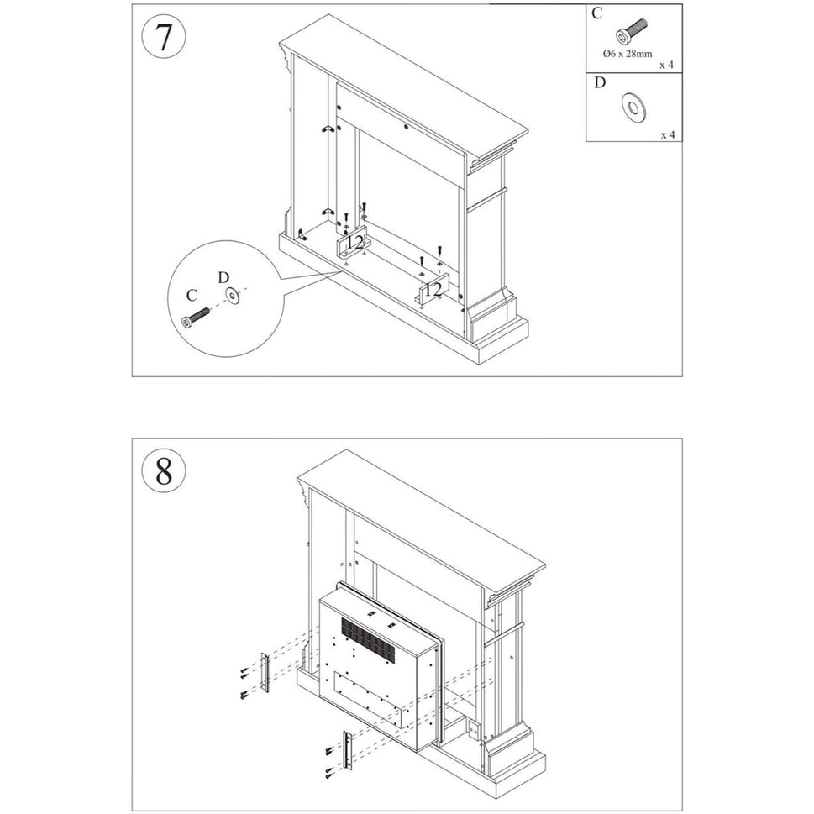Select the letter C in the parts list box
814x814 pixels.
597,13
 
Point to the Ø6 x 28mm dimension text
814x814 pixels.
628,54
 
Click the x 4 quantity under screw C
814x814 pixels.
667,64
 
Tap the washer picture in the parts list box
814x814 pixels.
631,107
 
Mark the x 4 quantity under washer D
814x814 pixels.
667,134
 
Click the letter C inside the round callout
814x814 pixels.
192,295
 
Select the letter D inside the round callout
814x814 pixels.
223,276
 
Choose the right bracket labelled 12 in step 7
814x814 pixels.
432,290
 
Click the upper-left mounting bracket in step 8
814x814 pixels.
265,673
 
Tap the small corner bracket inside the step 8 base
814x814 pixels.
472,731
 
